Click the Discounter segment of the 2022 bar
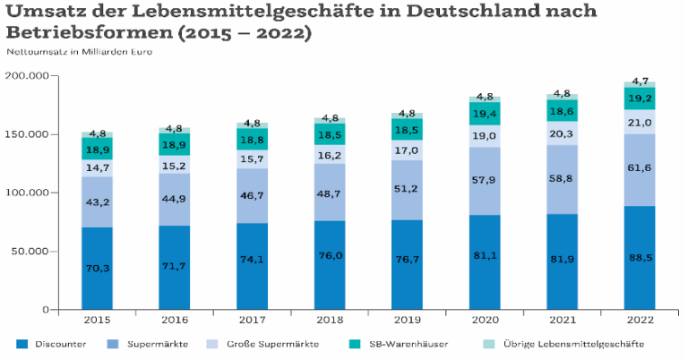640,258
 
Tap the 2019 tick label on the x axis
408,320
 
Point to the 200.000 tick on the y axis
30,76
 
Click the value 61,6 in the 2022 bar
640,167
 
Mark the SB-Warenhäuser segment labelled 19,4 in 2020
485,115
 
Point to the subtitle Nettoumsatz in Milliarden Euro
78,51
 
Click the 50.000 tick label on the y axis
32,252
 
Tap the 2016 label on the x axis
175,320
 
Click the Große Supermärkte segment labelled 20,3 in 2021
563,133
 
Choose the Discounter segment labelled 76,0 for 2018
330,265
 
